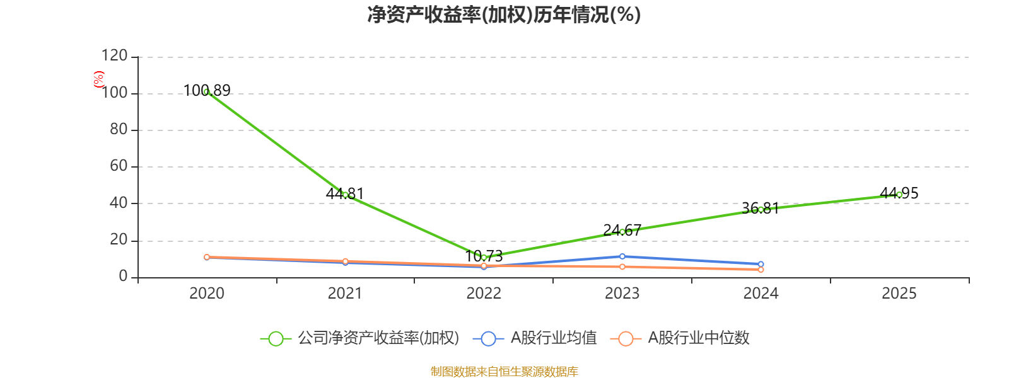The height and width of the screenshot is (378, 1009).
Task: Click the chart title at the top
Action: (x=504, y=15)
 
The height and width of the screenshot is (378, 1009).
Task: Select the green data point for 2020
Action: (x=207, y=91)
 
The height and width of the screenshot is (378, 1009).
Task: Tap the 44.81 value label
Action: (x=344, y=193)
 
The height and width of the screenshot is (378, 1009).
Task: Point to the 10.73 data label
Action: (x=484, y=256)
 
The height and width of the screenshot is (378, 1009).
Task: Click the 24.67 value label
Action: (x=622, y=230)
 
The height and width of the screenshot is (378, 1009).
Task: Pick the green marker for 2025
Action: (x=899, y=195)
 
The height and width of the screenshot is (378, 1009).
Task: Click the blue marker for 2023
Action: (x=622, y=256)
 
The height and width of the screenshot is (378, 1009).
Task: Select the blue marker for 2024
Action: (x=761, y=264)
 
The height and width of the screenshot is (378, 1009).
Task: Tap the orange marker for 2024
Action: (x=761, y=270)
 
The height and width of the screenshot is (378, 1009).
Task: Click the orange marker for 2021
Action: (x=345, y=261)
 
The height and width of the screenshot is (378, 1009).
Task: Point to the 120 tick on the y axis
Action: (x=114, y=55)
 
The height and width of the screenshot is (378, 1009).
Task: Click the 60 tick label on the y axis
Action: (x=119, y=166)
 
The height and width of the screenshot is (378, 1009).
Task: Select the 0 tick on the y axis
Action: (x=124, y=276)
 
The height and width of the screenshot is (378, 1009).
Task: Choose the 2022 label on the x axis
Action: (x=484, y=294)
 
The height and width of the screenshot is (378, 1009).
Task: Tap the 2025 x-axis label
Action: (x=899, y=294)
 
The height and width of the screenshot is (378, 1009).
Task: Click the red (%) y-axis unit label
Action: (x=98, y=79)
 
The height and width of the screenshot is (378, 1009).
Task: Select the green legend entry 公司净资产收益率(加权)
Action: (x=359, y=338)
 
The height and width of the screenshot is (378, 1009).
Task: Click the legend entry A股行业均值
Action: (x=535, y=338)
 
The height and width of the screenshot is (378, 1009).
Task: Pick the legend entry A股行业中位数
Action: (x=680, y=338)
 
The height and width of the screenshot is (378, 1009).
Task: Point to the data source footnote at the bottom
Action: (x=504, y=372)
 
